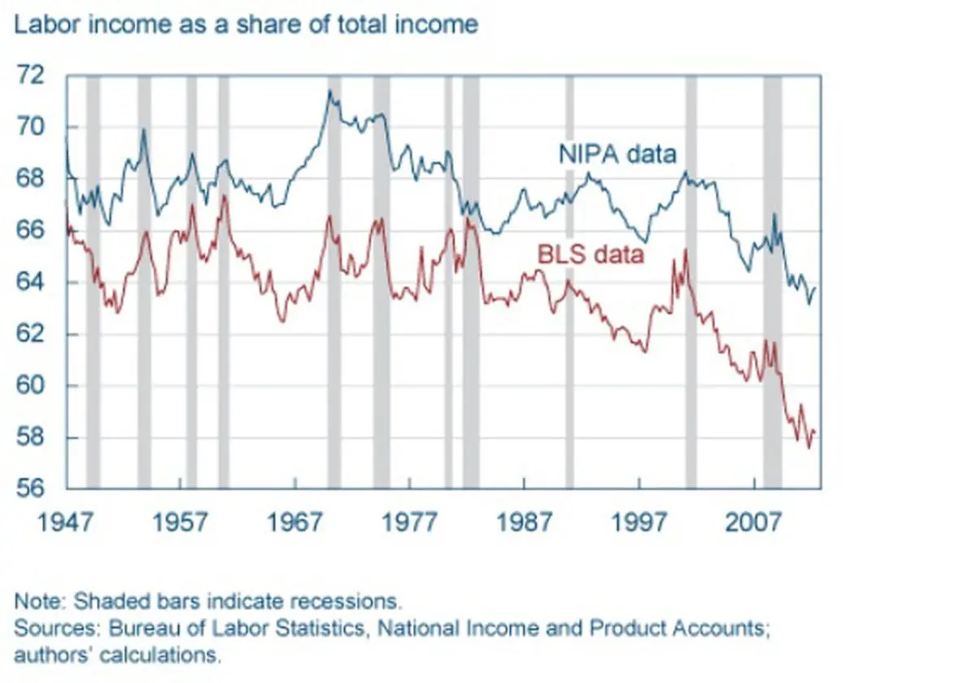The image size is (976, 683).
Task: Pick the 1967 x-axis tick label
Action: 295,520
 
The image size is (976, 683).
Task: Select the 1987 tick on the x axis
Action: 525,520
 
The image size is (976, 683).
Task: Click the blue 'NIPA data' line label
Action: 617,154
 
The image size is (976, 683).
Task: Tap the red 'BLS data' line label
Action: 590,254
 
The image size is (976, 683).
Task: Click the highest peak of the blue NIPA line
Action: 329,91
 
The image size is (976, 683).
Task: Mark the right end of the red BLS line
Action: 815,432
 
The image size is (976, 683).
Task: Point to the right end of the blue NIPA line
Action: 815,289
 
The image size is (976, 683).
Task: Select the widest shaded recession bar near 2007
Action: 772,281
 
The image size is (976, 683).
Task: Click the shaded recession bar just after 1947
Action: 93,281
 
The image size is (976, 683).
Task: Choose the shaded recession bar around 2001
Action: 691,281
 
